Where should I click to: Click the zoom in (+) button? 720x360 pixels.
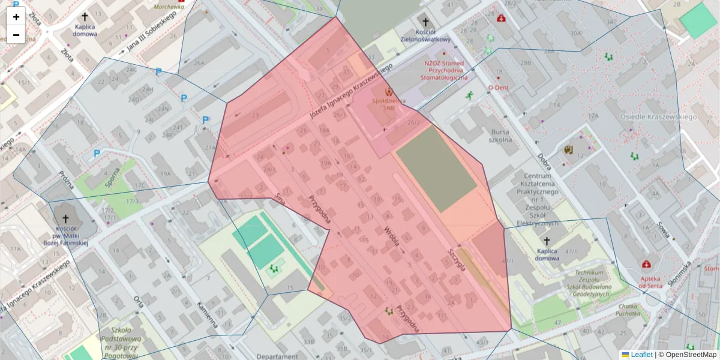(16, 17)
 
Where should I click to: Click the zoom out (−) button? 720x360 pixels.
(16, 35)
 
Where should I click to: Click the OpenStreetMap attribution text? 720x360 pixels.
(691, 355)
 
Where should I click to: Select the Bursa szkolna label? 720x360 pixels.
(500, 136)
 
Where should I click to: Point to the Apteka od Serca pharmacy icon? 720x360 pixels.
(646, 265)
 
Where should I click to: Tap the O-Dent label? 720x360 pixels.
(498, 87)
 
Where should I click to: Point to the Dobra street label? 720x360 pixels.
(544, 161)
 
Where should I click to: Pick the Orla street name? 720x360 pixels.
(139, 301)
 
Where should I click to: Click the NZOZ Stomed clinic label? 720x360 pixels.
(445, 69)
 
